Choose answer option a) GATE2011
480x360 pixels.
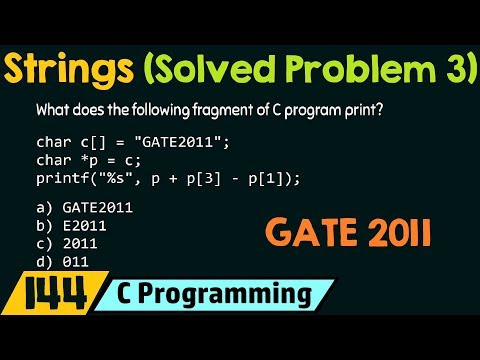(85, 207)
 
